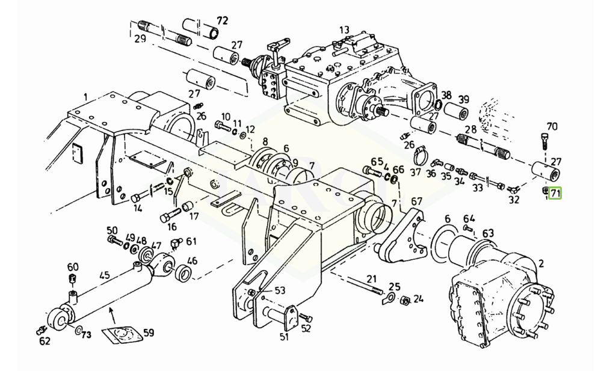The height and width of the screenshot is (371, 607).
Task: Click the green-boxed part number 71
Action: click(555, 193)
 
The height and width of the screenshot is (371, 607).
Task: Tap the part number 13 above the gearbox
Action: click(344, 30)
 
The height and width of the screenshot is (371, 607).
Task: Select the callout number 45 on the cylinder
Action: click(105, 275)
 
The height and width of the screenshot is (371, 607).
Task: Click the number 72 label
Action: click(223, 20)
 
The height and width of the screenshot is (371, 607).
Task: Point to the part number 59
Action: click(148, 333)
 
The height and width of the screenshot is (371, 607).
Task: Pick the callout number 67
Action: click(416, 201)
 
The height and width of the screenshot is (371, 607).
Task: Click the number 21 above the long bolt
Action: click(372, 279)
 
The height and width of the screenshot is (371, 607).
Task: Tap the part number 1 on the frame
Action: click(85, 97)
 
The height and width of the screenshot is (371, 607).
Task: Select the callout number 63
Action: click(488, 233)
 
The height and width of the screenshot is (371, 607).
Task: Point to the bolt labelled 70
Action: click(543, 141)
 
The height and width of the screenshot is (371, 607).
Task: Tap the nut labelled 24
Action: click(404, 301)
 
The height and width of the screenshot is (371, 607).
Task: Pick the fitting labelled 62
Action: click(40, 330)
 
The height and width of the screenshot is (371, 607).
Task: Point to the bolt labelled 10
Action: click(223, 125)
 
